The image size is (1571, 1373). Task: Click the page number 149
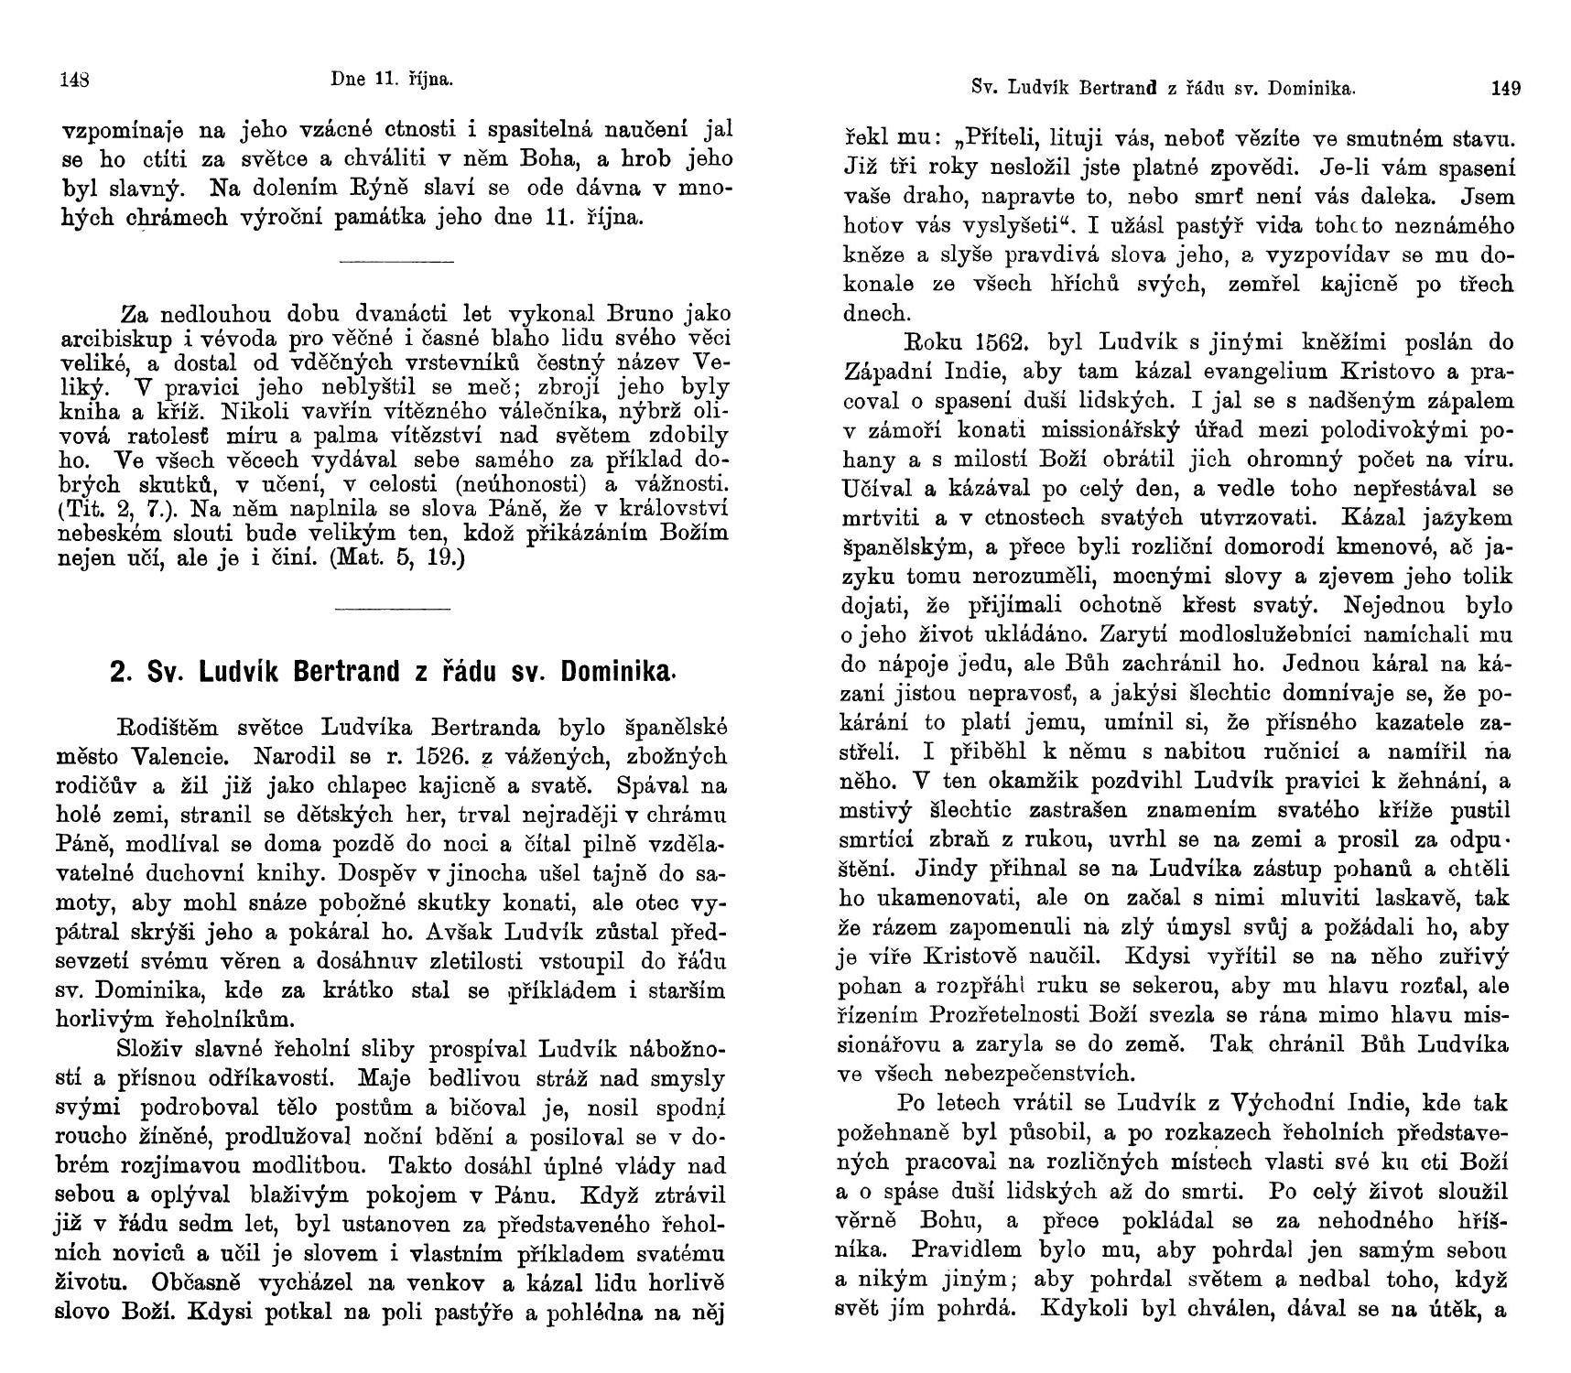pyautogui.click(x=1506, y=89)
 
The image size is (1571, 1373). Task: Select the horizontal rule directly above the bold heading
pyautogui.click(x=393, y=608)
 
